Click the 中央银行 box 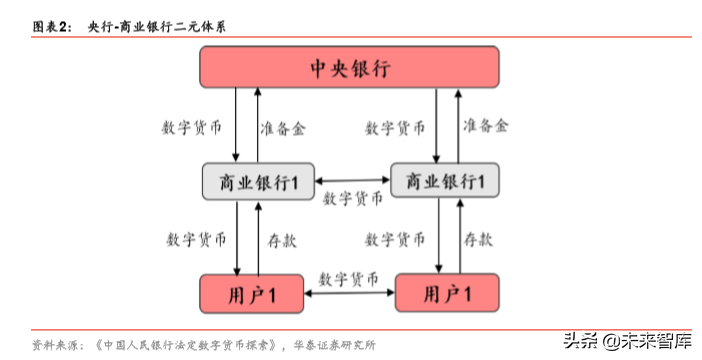(x=349, y=68)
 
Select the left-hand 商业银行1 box (x=257, y=181)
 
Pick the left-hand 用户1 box (x=251, y=294)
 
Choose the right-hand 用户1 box (x=446, y=293)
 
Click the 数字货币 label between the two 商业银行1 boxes (x=352, y=198)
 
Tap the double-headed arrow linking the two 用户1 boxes (x=349, y=293)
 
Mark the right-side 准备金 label (x=486, y=126)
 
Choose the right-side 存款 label (x=477, y=240)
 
